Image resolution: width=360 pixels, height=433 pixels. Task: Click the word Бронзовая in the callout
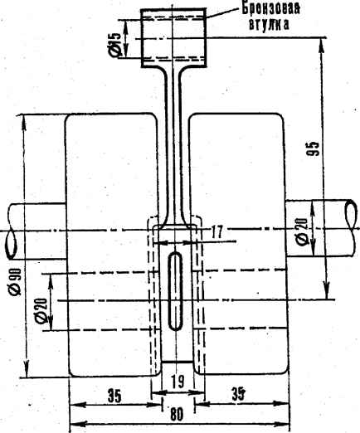(270, 8)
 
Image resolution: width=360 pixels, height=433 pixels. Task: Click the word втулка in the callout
(269, 24)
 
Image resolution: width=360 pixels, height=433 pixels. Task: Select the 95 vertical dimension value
(313, 148)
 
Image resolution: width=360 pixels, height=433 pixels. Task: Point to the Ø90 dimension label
(16, 281)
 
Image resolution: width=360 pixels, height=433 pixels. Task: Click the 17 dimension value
(216, 231)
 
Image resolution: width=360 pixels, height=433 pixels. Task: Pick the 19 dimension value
(178, 382)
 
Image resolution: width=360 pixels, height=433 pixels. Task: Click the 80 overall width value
(177, 415)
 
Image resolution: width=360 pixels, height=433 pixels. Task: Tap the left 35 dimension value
(114, 397)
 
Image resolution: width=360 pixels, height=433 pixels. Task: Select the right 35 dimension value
(239, 394)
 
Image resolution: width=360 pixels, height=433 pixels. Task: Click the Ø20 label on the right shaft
(302, 231)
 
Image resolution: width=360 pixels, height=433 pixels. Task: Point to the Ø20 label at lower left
(41, 310)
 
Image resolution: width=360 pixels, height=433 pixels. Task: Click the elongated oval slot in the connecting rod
(176, 291)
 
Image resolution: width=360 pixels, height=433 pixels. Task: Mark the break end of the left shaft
(10, 245)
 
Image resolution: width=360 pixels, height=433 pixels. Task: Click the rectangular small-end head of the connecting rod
(174, 38)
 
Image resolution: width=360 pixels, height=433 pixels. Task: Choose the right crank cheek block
(239, 245)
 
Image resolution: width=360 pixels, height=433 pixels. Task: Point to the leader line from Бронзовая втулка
(222, 12)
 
